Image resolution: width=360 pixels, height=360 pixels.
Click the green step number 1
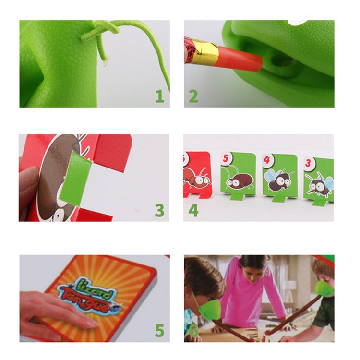pyautogui.click(x=159, y=96)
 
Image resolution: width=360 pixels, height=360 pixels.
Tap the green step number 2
pyautogui.click(x=193, y=96)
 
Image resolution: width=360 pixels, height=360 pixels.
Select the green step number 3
pyautogui.click(x=159, y=210)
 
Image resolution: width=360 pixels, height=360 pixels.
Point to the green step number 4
pyautogui.click(x=193, y=210)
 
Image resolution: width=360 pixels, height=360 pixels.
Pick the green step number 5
pyautogui.click(x=159, y=330)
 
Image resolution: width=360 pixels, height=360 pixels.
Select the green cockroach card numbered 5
pyautogui.click(x=238, y=175)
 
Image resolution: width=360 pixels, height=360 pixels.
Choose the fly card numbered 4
pyautogui.click(x=279, y=175)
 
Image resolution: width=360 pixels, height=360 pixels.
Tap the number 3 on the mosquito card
pyautogui.click(x=308, y=162)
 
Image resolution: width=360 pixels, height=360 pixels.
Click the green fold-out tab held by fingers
pyautogui.click(x=80, y=178)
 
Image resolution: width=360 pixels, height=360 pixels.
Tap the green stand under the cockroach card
pyautogui.click(x=238, y=196)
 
